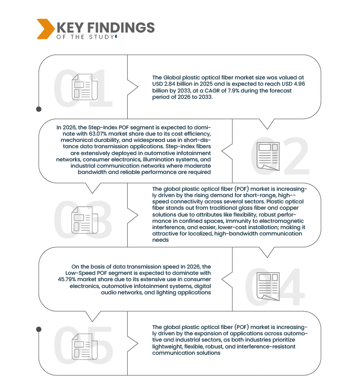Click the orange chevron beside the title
[x=46, y=29]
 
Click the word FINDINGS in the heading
[x=121, y=27]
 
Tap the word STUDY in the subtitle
[x=101, y=37]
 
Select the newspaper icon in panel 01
[x=85, y=87]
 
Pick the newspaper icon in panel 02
[x=268, y=157]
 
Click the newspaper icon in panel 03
[x=85, y=220]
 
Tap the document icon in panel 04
[x=268, y=286]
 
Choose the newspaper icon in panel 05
[x=85, y=346]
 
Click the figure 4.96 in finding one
[x=299, y=84]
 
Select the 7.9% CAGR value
[x=233, y=90]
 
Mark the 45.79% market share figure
[x=67, y=279]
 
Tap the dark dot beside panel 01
[x=39, y=109]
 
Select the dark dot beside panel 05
[x=39, y=329]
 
